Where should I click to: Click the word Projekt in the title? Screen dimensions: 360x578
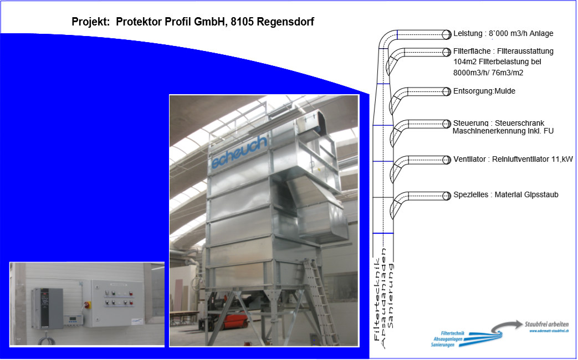(x=89, y=22)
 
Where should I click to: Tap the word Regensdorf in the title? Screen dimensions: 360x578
(x=286, y=22)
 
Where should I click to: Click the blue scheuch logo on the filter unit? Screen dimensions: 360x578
(x=239, y=151)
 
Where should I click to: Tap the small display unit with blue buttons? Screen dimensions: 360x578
(x=72, y=319)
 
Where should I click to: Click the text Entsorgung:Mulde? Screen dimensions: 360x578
(x=484, y=91)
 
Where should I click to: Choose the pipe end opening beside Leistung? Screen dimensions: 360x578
(x=446, y=34)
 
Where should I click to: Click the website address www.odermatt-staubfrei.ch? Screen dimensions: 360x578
(x=548, y=331)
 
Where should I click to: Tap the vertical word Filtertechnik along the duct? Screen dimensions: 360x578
(x=378, y=299)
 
